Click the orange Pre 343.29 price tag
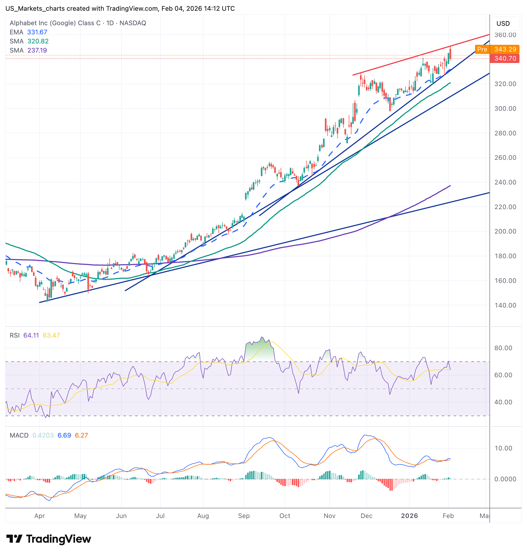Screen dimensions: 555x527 point(497,49)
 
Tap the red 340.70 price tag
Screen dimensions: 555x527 point(504,58)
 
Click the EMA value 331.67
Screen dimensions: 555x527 point(37,32)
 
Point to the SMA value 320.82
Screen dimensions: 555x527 point(38,41)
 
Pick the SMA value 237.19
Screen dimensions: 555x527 point(37,50)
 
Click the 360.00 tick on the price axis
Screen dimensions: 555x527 point(505,35)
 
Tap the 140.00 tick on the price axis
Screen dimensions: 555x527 point(505,305)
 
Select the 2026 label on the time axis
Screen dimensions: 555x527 point(409,516)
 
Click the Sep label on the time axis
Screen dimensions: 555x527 point(244,516)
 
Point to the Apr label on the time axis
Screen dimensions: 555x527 point(40,516)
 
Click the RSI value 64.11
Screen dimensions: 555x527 point(31,335)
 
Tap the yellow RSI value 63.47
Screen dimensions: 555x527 point(51,335)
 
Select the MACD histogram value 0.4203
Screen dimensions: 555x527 point(43,435)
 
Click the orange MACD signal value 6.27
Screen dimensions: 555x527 point(81,435)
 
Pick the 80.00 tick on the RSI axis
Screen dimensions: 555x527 point(503,348)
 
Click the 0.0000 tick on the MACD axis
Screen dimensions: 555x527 point(505,479)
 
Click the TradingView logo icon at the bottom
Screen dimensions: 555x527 point(14,539)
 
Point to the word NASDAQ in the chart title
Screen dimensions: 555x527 point(133,23)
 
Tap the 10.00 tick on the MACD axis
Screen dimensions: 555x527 point(503,448)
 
